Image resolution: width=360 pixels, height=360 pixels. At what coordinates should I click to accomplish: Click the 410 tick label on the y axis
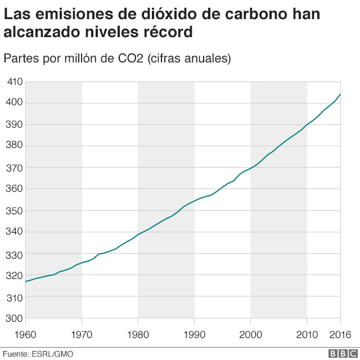coord(15,82)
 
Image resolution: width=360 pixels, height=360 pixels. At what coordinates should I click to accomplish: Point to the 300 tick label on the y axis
coord(15,318)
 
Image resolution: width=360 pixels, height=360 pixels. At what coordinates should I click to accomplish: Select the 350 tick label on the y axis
coord(15,211)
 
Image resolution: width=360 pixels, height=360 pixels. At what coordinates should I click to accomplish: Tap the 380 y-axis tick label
coord(15,146)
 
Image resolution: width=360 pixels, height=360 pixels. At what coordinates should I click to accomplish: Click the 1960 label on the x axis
coord(26,335)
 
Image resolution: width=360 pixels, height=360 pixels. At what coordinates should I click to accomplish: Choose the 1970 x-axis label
coord(82,335)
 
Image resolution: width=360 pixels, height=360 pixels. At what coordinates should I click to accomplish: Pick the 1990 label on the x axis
coord(194,335)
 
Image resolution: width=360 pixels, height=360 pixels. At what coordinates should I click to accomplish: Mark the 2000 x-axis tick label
coord(250,335)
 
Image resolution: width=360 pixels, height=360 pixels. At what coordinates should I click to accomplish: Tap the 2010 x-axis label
coord(307,335)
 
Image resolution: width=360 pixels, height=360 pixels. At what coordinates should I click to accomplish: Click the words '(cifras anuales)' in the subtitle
coord(189,58)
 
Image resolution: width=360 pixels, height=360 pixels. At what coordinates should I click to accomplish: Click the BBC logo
coord(342,353)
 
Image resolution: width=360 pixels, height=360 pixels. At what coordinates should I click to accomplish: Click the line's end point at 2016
coord(340,94)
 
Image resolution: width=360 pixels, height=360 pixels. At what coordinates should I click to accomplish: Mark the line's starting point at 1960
coord(26,281)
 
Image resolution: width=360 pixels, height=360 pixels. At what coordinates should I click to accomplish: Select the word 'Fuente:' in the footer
coord(16,354)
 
